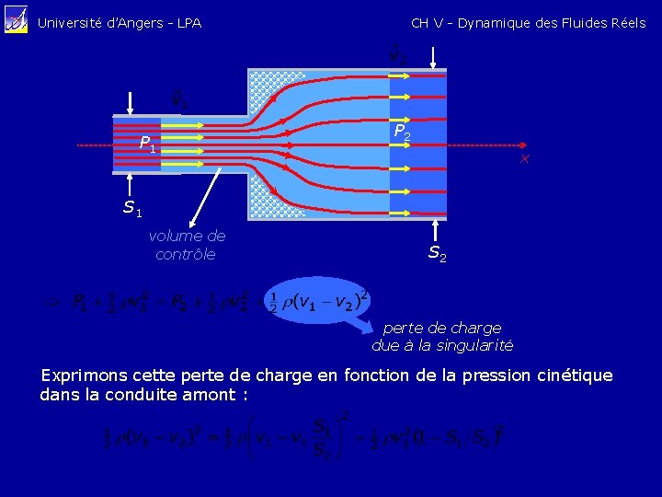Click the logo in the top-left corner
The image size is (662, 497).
click(x=16, y=21)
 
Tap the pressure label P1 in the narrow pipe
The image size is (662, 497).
click(x=148, y=144)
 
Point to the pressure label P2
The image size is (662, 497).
click(x=402, y=133)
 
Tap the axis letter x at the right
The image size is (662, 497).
click(x=524, y=160)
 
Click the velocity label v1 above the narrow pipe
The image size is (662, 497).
click(x=180, y=97)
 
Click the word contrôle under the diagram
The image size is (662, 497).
click(x=186, y=254)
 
